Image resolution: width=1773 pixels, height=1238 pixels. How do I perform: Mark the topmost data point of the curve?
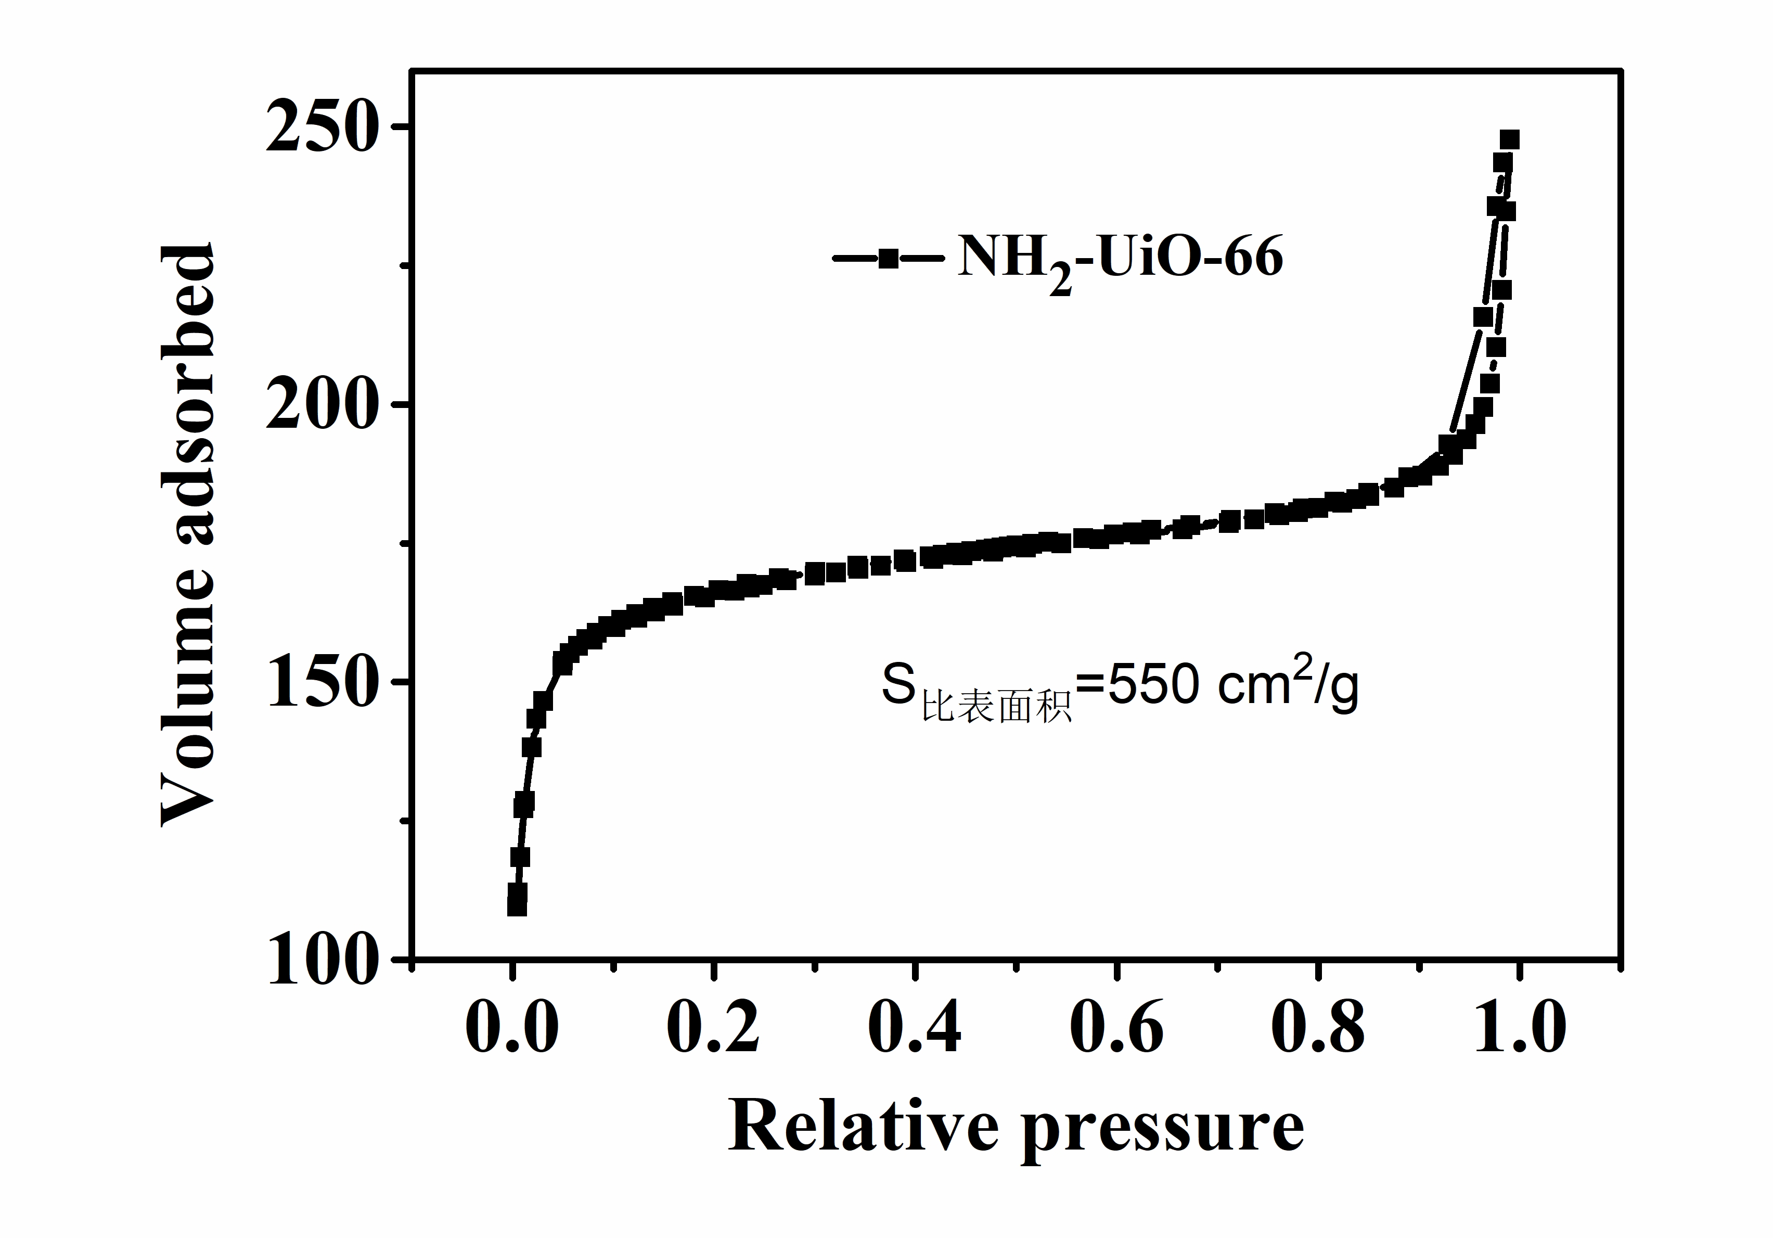pos(1509,140)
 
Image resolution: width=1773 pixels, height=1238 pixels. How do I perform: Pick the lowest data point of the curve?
pos(517,905)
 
